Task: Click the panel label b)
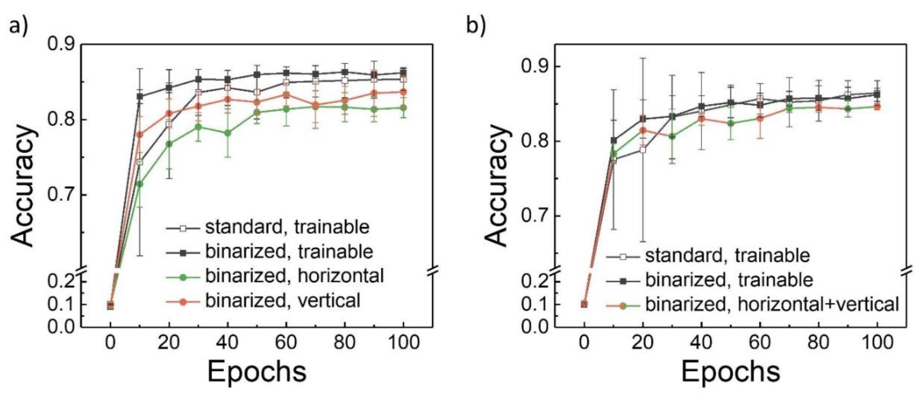point(476,26)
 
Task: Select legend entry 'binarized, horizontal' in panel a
point(294,276)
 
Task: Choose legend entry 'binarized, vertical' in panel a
point(282,300)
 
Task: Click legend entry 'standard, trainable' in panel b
point(727,256)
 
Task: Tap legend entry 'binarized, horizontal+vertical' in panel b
point(772,304)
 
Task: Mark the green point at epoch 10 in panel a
point(140,184)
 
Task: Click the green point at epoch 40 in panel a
point(227,133)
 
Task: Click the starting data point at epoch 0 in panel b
point(584,304)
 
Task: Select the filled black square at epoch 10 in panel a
point(140,97)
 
